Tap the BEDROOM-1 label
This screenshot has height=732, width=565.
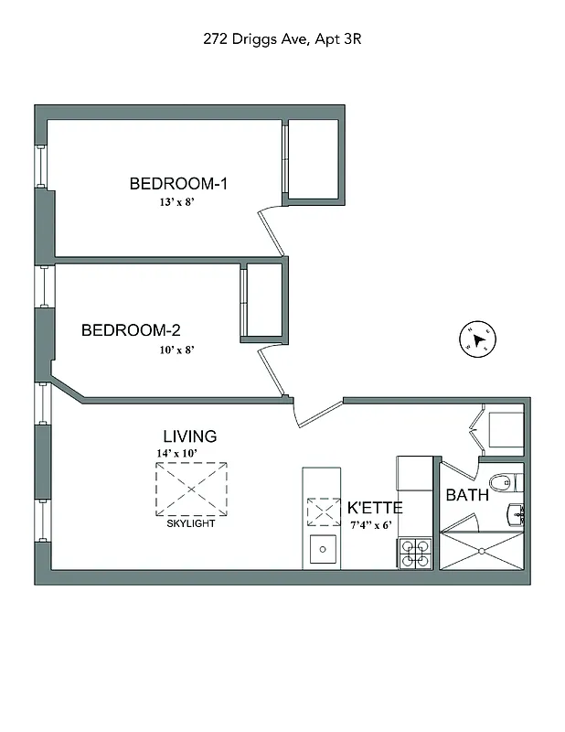178,184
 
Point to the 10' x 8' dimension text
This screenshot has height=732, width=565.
176,349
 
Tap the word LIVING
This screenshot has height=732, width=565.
190,436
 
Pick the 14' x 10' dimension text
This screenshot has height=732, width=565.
176,453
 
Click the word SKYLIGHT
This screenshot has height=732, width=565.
191,523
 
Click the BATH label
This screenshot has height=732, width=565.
466,495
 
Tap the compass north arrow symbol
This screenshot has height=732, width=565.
476,339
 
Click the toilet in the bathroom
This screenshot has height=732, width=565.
502,481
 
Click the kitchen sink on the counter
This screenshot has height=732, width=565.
322,550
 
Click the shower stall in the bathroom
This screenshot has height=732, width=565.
482,549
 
